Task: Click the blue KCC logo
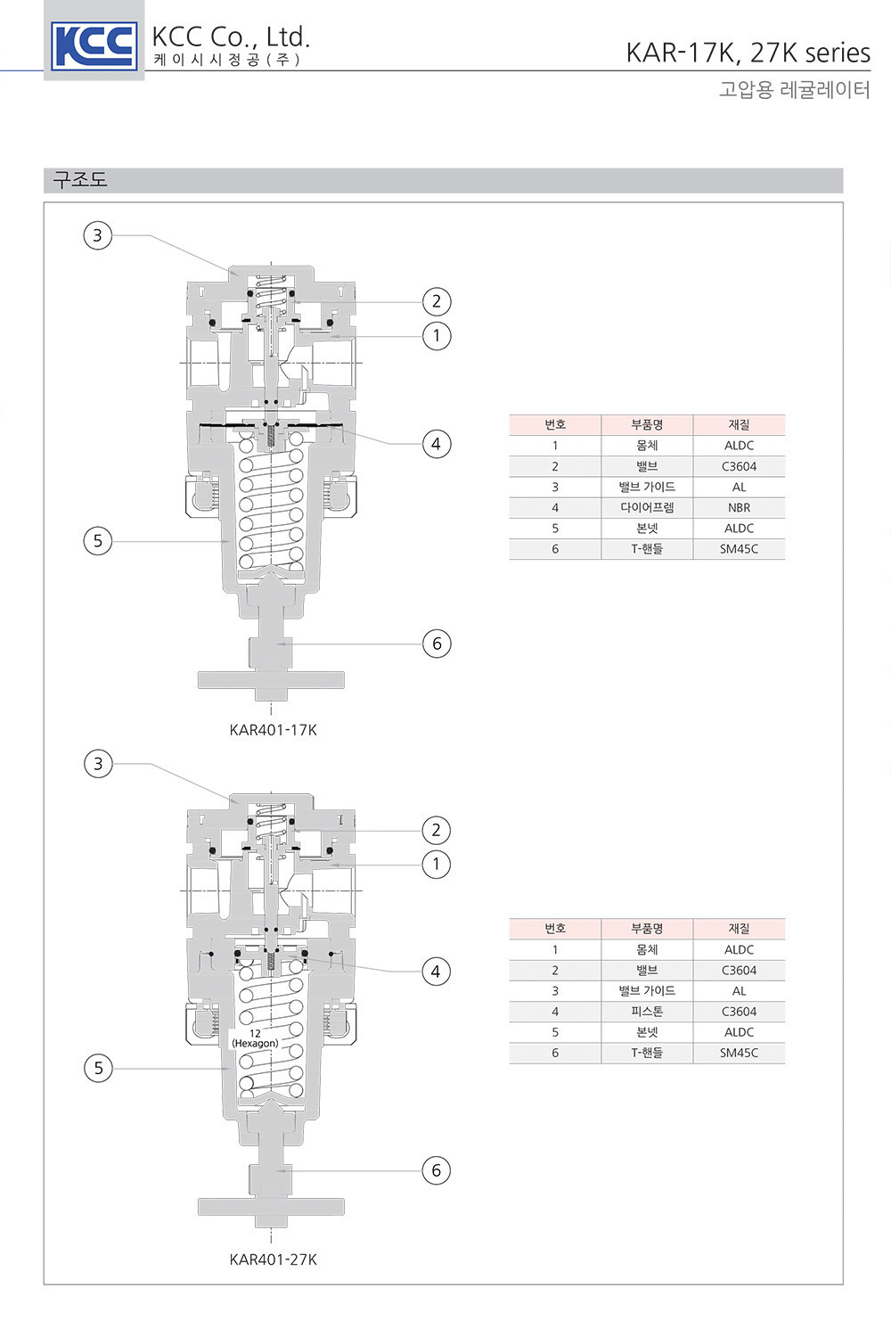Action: point(94,45)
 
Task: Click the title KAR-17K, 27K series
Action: point(748,53)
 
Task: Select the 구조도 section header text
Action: point(80,180)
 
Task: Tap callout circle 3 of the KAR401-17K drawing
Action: point(98,236)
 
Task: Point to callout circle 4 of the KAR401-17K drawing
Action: point(437,444)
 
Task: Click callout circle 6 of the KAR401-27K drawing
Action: point(437,1170)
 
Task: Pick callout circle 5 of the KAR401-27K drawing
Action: point(99,1069)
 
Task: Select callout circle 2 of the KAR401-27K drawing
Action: point(437,830)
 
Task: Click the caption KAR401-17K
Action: point(274,730)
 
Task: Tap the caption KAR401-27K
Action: point(274,1259)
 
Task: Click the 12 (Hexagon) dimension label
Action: point(255,1038)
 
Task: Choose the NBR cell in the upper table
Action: point(739,508)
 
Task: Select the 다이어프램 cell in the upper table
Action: point(647,508)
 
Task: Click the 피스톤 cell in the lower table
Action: point(647,1012)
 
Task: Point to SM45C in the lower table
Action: point(739,1053)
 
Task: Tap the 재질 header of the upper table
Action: point(739,425)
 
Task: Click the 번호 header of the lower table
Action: point(555,929)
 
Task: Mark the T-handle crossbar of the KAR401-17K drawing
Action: point(271,680)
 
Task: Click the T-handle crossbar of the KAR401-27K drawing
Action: point(271,1207)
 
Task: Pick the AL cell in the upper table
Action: point(739,487)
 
